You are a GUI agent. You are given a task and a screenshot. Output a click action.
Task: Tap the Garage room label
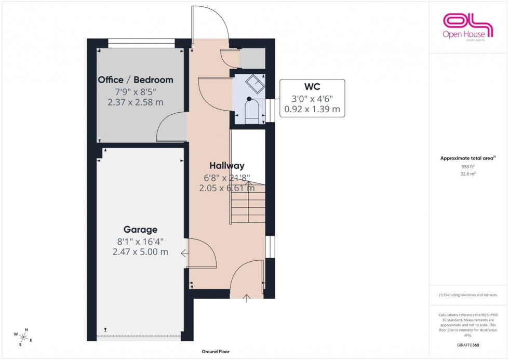140,230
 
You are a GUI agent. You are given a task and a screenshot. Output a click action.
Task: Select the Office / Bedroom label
136,80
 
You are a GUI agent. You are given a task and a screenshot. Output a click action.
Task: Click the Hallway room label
227,166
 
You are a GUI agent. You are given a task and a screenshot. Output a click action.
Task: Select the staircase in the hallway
248,203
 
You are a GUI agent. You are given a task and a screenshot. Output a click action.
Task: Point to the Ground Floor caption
216,352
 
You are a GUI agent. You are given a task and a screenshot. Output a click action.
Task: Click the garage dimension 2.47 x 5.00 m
140,252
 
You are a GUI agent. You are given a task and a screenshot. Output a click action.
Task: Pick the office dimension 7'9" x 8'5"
136,92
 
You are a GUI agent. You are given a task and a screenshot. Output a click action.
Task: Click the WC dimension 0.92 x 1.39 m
312,109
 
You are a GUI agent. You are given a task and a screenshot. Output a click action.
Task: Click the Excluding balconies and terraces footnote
468,295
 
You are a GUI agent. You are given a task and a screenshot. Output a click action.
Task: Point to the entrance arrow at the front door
247,297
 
